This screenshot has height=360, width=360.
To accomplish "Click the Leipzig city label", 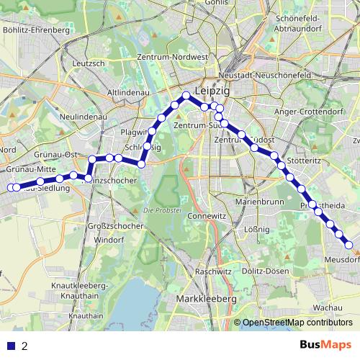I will coord(210,93).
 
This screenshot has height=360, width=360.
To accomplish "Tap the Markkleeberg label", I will coord(207,298).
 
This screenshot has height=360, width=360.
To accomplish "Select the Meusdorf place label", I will coord(341,259).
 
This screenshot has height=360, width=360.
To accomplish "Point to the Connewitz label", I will coord(207,215).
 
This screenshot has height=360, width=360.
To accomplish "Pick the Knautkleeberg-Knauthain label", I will coord(81,290).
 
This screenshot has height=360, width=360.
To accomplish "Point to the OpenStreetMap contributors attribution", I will coord(297,323).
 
